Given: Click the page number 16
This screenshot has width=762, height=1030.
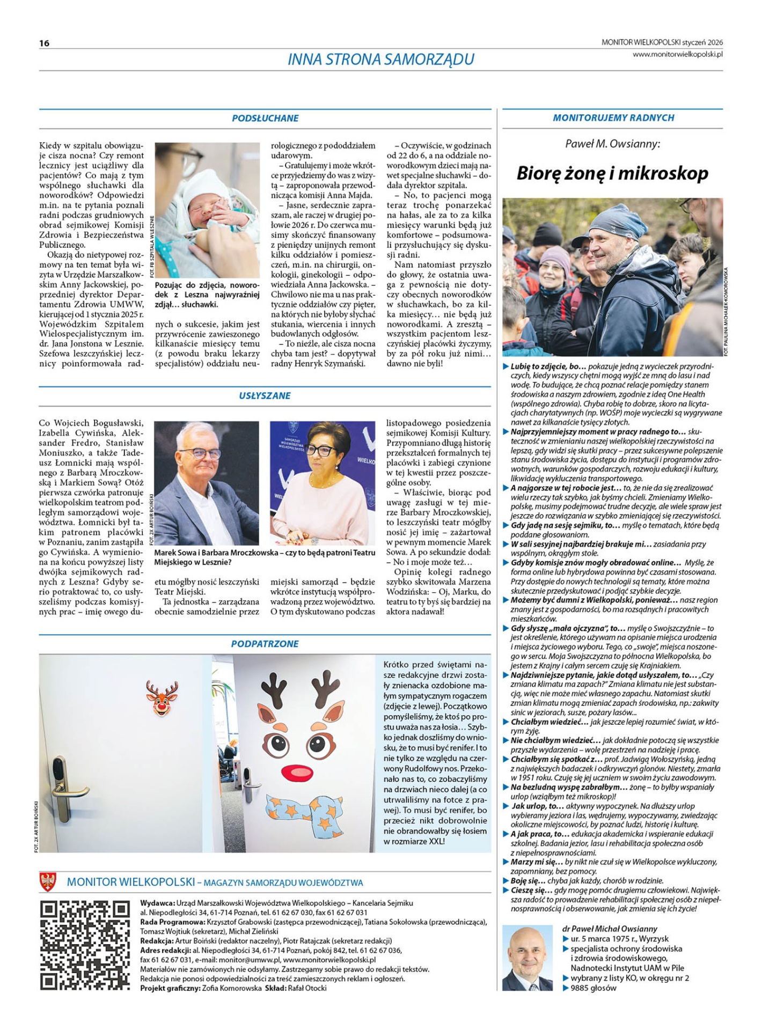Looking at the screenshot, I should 44,43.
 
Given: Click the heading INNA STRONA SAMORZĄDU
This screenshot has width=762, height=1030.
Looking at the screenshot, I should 381,59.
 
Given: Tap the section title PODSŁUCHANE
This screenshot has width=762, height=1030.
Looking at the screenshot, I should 265,118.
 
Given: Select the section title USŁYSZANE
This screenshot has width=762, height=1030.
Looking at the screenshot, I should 265,395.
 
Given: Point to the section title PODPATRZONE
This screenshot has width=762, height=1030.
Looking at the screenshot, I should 265,644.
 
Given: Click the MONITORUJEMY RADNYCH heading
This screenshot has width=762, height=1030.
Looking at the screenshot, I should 613,117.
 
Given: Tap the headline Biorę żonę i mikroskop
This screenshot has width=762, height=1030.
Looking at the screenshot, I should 612,173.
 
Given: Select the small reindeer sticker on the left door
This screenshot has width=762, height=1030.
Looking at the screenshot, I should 162,697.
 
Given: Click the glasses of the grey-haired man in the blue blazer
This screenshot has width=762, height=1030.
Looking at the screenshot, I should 200,453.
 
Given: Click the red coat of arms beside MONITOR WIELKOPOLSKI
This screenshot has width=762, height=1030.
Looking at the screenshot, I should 48,882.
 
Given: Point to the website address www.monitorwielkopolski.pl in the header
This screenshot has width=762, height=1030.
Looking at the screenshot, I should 677,54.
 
